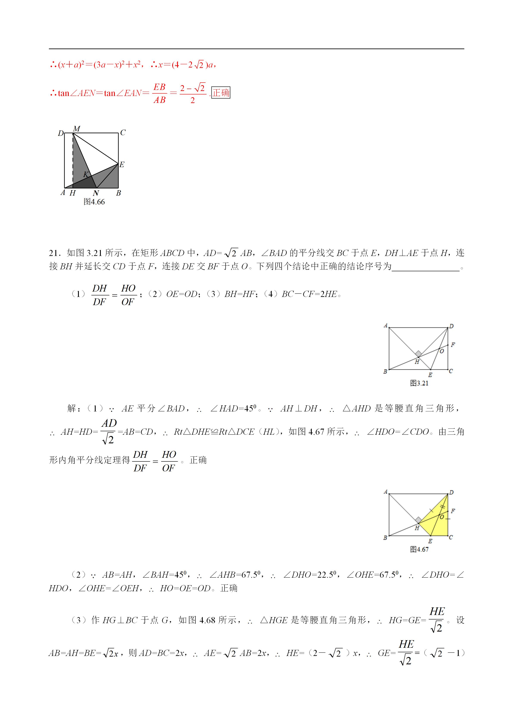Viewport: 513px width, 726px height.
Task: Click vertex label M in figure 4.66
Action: coord(76,129)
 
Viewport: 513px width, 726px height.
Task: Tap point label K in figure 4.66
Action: coord(86,174)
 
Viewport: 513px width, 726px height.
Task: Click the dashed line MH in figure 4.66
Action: coord(73,161)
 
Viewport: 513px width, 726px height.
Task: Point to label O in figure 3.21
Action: coord(442,351)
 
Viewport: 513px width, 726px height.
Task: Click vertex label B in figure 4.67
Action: coord(385,538)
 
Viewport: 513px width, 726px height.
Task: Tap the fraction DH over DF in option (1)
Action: coord(100,295)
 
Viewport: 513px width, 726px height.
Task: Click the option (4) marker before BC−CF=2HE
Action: coord(270,294)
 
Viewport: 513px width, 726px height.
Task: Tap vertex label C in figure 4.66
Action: coord(123,133)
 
